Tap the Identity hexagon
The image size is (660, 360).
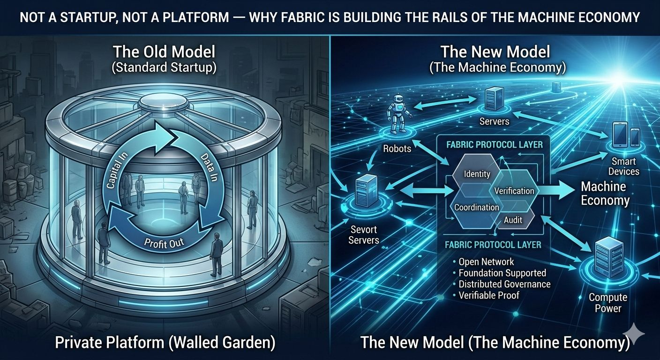[477, 174]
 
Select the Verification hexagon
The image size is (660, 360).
[514, 191]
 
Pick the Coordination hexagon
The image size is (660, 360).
[477, 207]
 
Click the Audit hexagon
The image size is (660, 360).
[513, 219]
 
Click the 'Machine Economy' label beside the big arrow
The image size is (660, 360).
[605, 194]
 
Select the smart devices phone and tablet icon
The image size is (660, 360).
[626, 135]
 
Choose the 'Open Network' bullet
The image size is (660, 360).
[486, 262]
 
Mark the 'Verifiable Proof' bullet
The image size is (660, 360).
[489, 295]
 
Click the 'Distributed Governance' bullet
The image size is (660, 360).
[504, 284]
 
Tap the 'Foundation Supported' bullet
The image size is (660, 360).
[502, 273]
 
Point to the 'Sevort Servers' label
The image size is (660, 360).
[364, 235]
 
